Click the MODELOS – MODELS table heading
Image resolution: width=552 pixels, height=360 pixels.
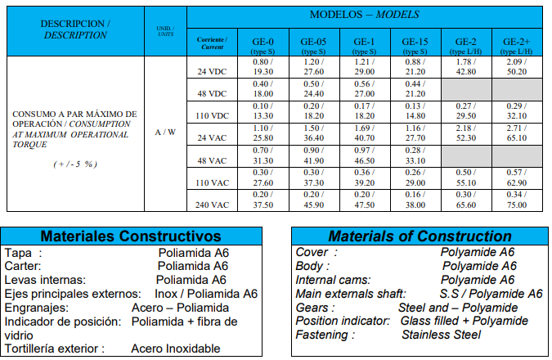[x=366, y=16]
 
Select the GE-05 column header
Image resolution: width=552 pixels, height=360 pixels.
[x=313, y=45]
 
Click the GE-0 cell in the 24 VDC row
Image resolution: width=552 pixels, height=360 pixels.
[x=261, y=68]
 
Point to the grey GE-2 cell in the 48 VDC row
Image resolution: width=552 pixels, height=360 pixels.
[x=466, y=90]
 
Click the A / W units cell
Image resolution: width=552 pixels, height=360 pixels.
[x=165, y=131]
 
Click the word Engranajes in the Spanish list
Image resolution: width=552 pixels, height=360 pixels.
[x=34, y=307]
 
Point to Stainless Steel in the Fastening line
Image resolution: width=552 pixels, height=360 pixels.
[x=452, y=334]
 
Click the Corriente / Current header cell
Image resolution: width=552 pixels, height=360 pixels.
[x=213, y=43]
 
